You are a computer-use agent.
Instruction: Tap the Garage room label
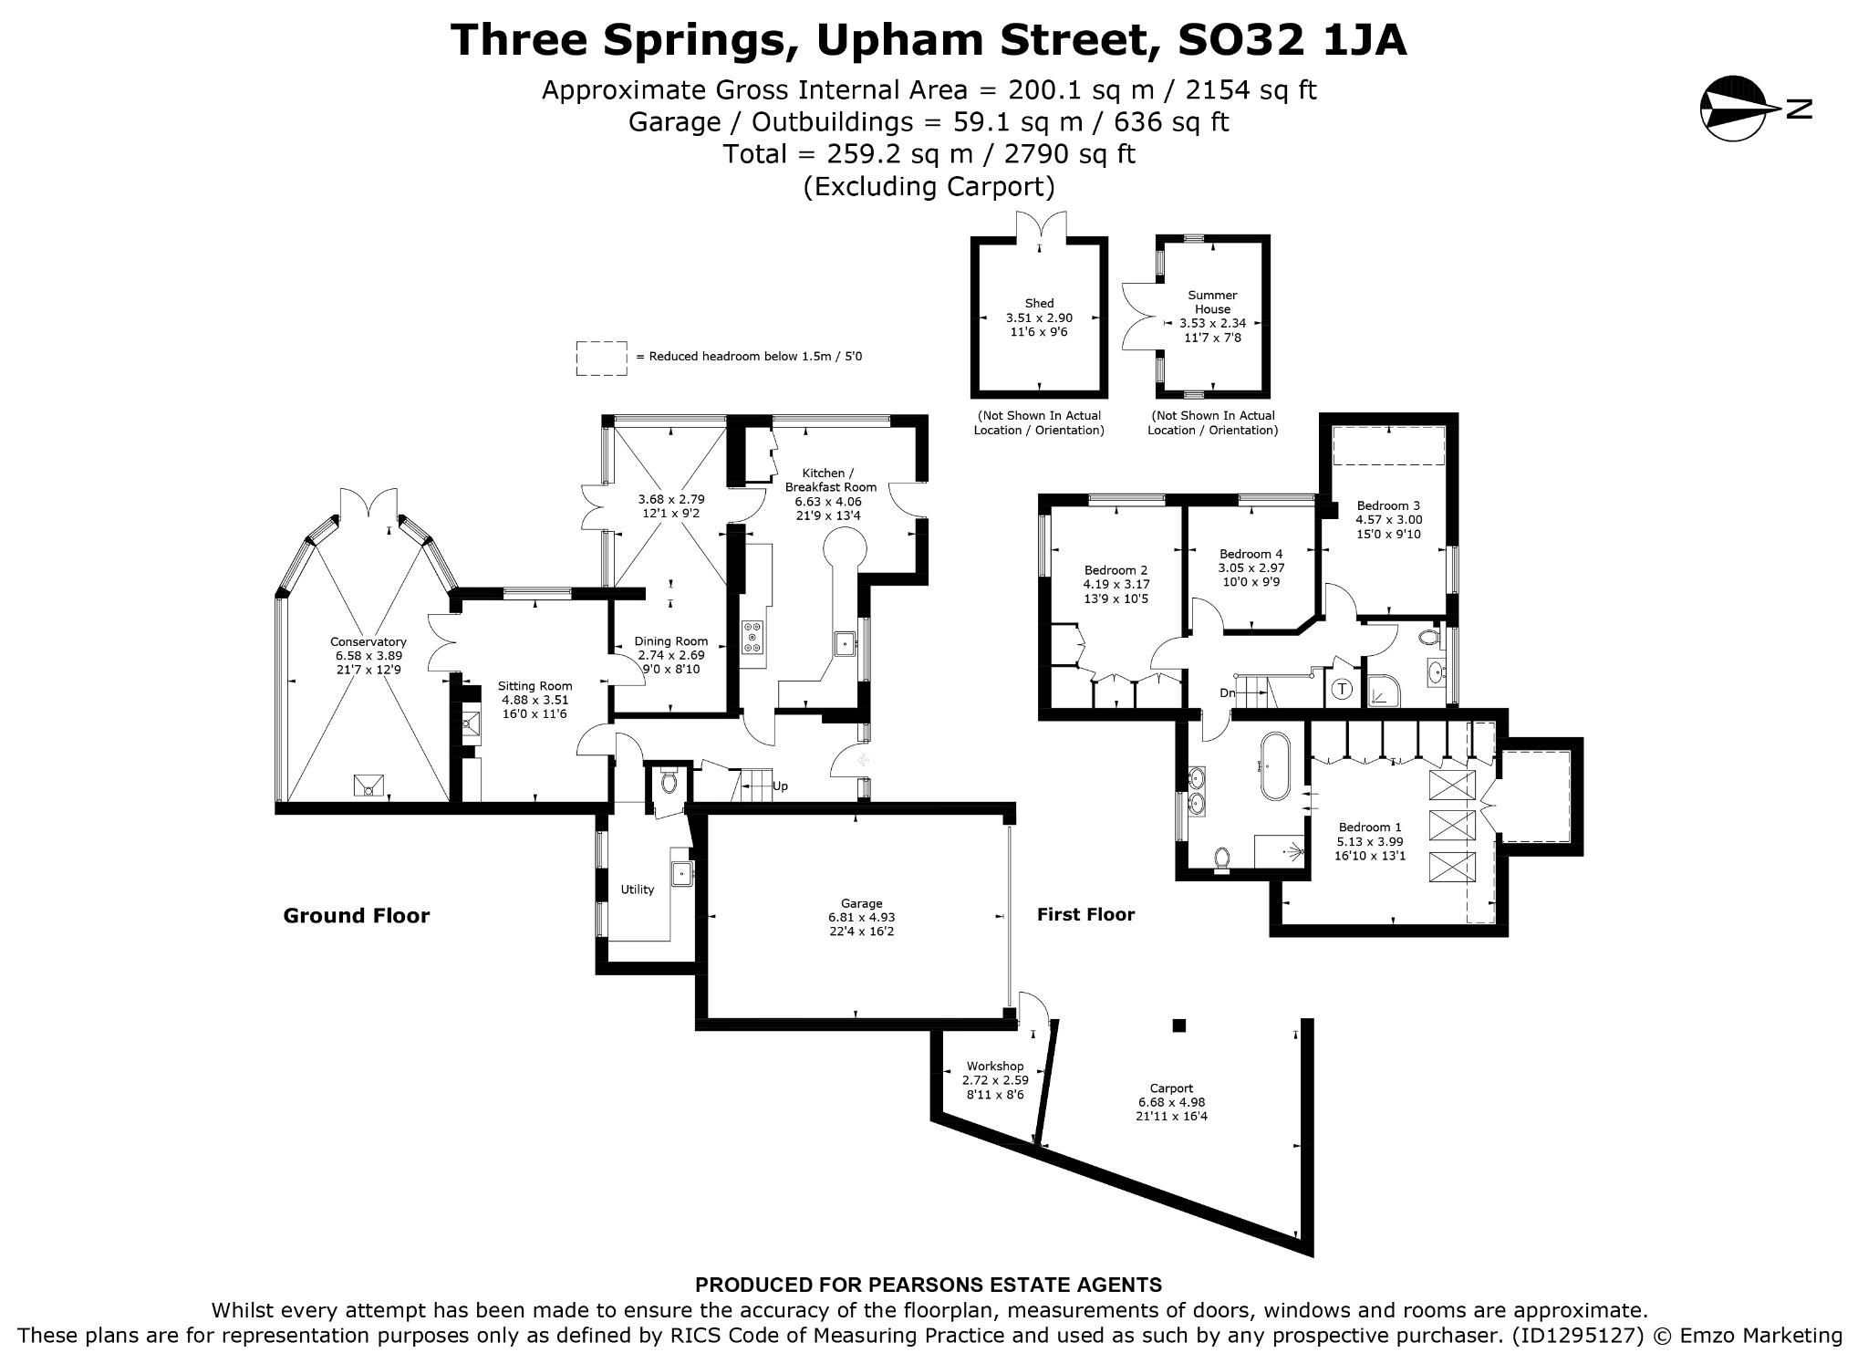(861, 903)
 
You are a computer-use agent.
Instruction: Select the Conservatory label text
(368, 641)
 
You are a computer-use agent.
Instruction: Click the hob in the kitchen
(754, 637)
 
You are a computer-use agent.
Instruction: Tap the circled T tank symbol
(1342, 690)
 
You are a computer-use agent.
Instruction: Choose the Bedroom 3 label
(1388, 505)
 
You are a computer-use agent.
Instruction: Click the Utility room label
(638, 890)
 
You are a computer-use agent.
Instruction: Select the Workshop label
(995, 1066)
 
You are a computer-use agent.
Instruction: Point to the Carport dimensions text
(1171, 1109)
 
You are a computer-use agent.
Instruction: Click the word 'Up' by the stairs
(780, 786)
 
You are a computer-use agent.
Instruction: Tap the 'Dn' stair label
(1228, 692)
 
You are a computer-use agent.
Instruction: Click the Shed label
(1039, 303)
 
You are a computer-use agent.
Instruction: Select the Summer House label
(1212, 302)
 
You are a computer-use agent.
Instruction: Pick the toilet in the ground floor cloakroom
(668, 781)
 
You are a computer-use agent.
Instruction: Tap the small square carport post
(1178, 1025)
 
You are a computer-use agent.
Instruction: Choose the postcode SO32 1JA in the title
(1292, 40)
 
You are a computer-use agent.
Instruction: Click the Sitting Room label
(534, 686)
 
